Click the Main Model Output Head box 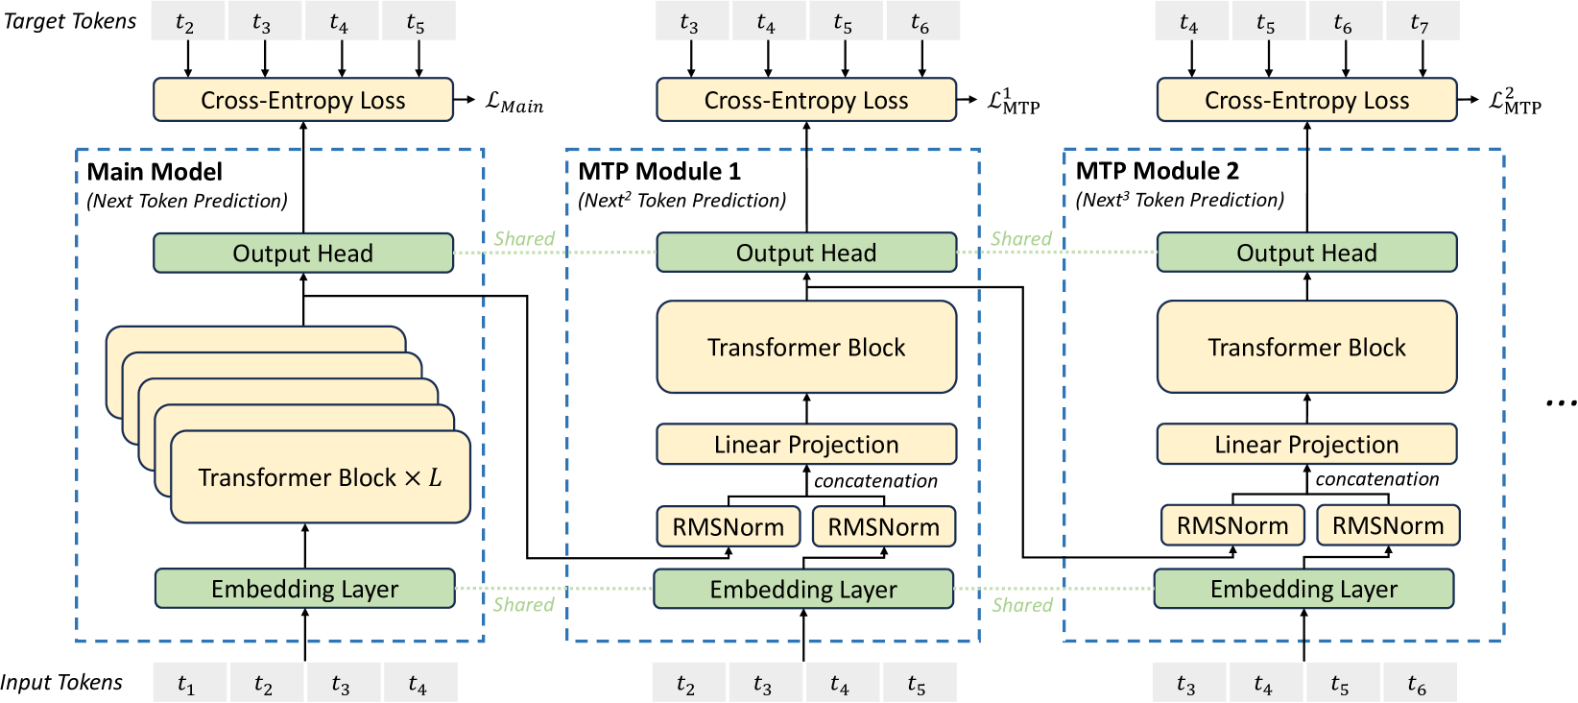(x=303, y=254)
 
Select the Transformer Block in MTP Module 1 (x=806, y=348)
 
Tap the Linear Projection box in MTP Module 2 (x=1306, y=445)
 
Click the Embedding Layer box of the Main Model (x=304, y=589)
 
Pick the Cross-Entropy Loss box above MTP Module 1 (x=806, y=101)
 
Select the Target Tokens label (x=70, y=21)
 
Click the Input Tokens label (x=61, y=683)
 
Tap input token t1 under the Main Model (x=186, y=684)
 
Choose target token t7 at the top (x=1420, y=22)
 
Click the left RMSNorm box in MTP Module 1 (x=729, y=527)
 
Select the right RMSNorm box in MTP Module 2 (x=1388, y=526)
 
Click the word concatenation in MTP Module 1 (x=875, y=481)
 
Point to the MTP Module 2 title (x=1157, y=171)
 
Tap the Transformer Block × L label (x=320, y=477)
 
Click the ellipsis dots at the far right (x=1560, y=403)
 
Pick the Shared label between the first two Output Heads (x=524, y=238)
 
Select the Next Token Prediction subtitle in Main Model (x=187, y=201)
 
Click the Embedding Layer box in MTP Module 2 (x=1303, y=589)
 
